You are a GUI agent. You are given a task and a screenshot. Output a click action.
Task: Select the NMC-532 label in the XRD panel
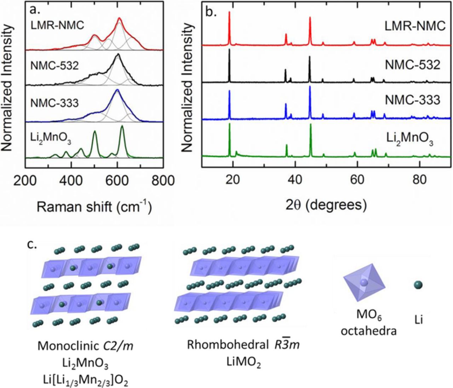pyautogui.click(x=413, y=65)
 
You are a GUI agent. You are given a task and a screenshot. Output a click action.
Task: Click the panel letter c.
pyautogui.click(x=34, y=244)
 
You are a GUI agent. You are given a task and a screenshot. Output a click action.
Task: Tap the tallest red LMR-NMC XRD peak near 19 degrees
pyautogui.click(x=229, y=13)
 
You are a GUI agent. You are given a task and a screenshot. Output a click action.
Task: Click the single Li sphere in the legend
pyautogui.click(x=419, y=284)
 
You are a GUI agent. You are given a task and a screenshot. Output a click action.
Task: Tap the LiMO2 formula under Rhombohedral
pyautogui.click(x=243, y=362)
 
